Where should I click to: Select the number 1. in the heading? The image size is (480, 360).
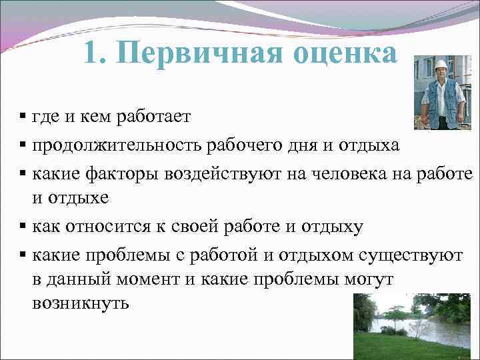(x=97, y=53)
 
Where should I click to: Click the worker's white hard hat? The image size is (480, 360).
(x=441, y=65)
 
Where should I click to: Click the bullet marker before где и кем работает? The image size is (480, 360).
(x=23, y=118)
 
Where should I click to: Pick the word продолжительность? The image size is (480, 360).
(x=119, y=145)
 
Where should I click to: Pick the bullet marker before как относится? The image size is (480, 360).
(x=23, y=227)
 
